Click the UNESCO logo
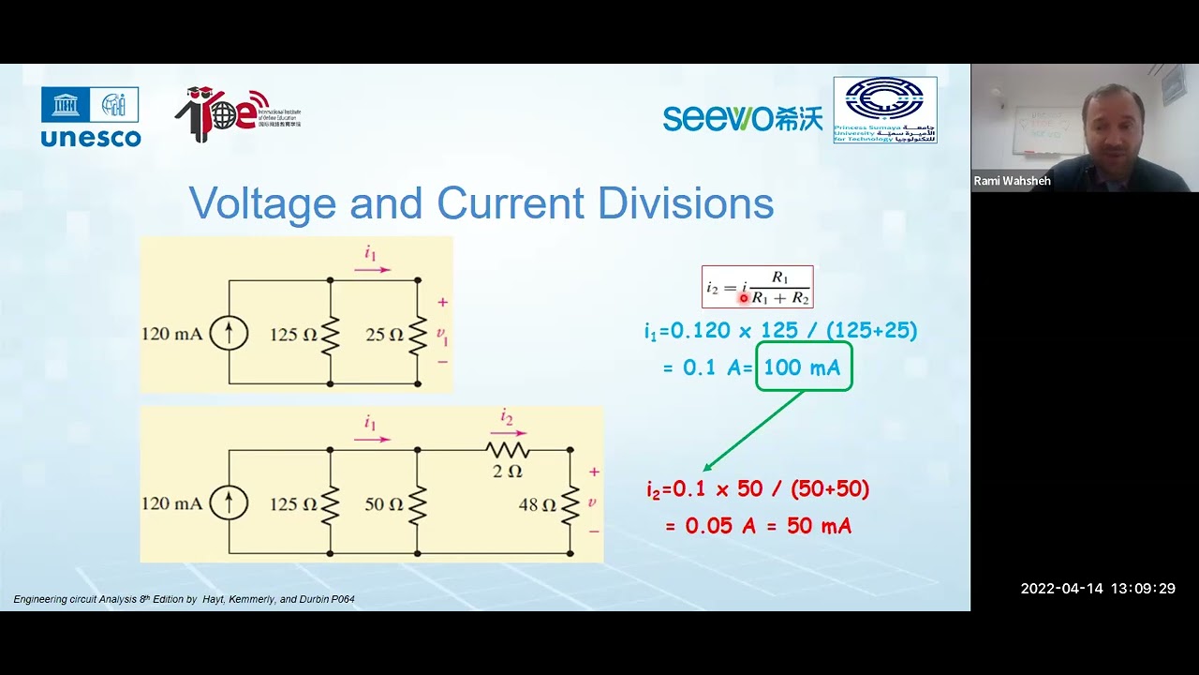coord(90,116)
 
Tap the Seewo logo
coord(742,118)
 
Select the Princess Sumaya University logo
coord(885,110)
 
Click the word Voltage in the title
coord(262,203)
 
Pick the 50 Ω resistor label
coord(384,503)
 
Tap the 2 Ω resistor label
coord(507,471)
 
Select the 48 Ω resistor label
coord(538,504)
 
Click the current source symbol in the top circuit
coord(229,333)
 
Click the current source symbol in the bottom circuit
coord(229,503)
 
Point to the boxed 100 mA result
coord(803,367)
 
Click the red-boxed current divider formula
coord(757,287)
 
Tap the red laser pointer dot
coord(744,298)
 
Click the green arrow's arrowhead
coord(707,467)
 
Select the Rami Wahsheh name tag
coord(1012,181)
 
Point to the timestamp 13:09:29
coord(1143,589)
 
